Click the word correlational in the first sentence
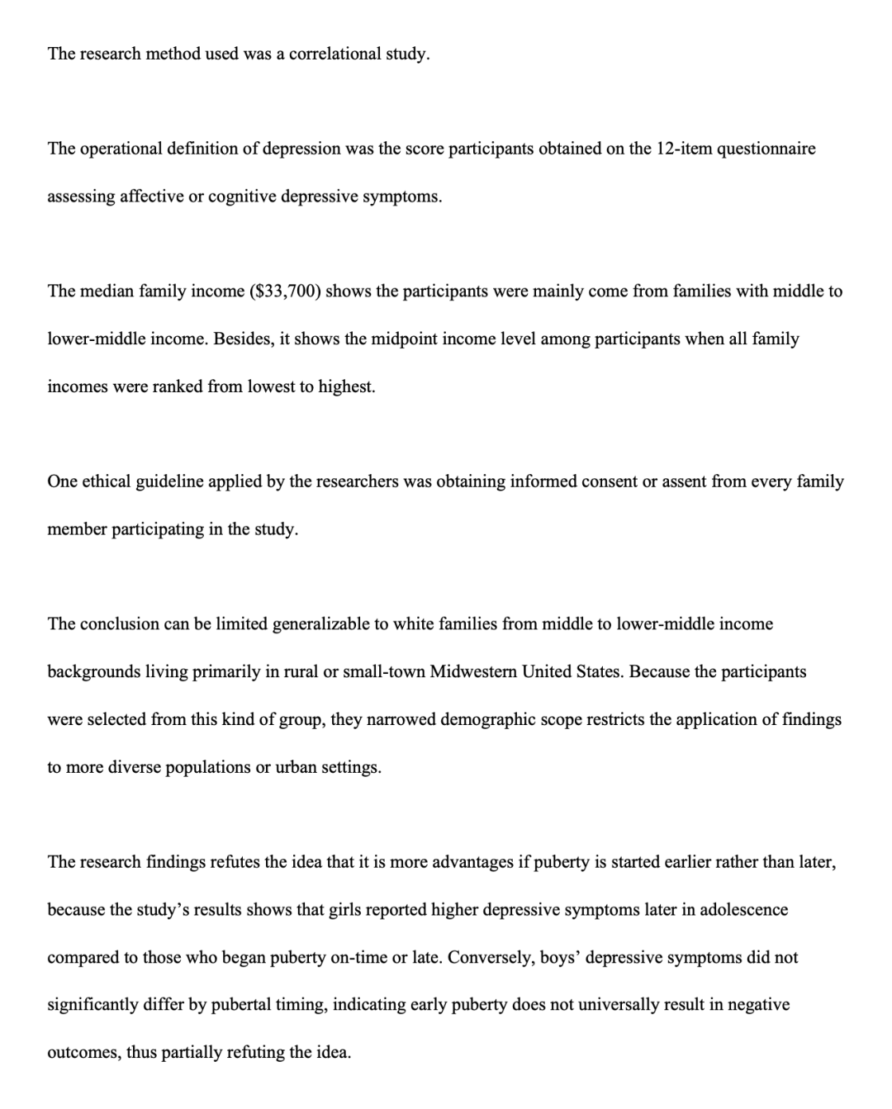pyautogui.click(x=335, y=55)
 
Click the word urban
pyautogui.click(x=299, y=767)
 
